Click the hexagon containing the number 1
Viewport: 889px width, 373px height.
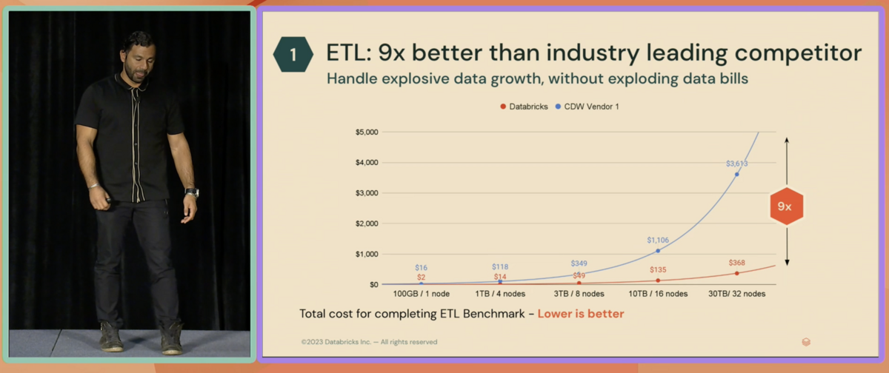(x=293, y=54)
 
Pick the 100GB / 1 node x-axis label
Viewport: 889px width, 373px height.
(x=421, y=294)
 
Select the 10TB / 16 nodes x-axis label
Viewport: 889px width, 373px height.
(x=658, y=294)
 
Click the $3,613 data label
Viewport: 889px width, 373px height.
(x=736, y=163)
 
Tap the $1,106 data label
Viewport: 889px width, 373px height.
(x=658, y=240)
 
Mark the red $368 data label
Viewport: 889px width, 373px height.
(x=736, y=263)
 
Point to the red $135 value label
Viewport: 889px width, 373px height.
(x=658, y=270)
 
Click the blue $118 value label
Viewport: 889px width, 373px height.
(x=500, y=266)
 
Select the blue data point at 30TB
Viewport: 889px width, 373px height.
(x=736, y=174)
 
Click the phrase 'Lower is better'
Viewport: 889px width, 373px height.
(x=581, y=314)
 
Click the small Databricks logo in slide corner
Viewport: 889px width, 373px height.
(x=806, y=341)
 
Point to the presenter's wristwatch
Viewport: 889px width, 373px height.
(x=192, y=192)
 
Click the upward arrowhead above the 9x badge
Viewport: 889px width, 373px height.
(x=787, y=139)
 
